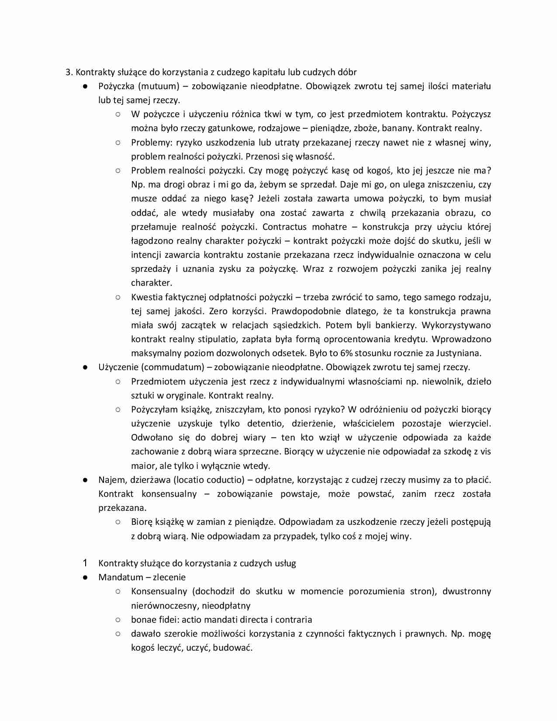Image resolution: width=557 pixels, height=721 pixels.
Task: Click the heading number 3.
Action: (69, 72)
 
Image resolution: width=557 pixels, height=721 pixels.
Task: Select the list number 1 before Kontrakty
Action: (85, 563)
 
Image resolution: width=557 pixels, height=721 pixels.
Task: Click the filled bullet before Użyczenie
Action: (86, 367)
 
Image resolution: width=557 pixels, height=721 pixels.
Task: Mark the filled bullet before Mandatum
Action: (86, 578)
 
